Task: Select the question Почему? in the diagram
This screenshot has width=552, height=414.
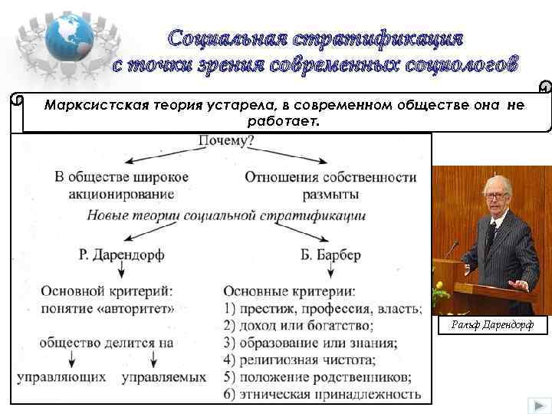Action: point(226,141)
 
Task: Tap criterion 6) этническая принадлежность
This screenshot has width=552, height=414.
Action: point(322,395)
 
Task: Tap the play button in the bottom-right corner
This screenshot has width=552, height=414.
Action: point(534,404)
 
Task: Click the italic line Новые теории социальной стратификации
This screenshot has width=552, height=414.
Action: point(226,215)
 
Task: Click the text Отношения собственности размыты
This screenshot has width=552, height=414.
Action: point(330,186)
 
